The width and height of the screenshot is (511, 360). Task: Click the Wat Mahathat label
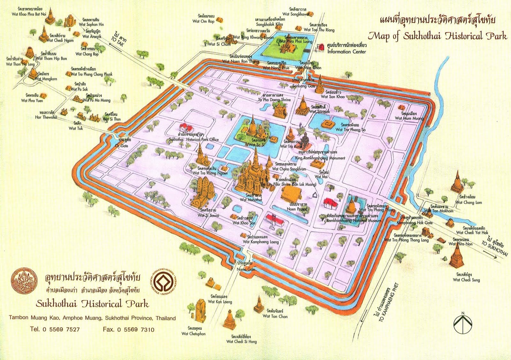click(x=251, y=200)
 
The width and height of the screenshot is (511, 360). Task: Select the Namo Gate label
click(x=246, y=269)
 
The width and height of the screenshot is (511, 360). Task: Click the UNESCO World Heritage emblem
click(x=165, y=282)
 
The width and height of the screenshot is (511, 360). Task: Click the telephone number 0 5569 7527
click(x=55, y=329)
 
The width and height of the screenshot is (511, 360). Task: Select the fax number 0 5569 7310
click(x=128, y=329)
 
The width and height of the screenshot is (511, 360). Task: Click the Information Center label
click(x=347, y=52)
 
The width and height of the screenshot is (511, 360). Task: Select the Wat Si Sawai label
click(x=208, y=215)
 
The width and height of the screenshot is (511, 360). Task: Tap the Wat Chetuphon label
click(x=194, y=334)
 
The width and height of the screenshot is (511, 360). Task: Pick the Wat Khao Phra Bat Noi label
click(x=29, y=14)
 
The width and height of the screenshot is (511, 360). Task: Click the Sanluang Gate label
click(x=304, y=86)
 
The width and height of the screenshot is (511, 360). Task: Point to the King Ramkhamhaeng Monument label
click(x=320, y=158)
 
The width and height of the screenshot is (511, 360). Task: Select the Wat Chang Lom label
click(x=469, y=202)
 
